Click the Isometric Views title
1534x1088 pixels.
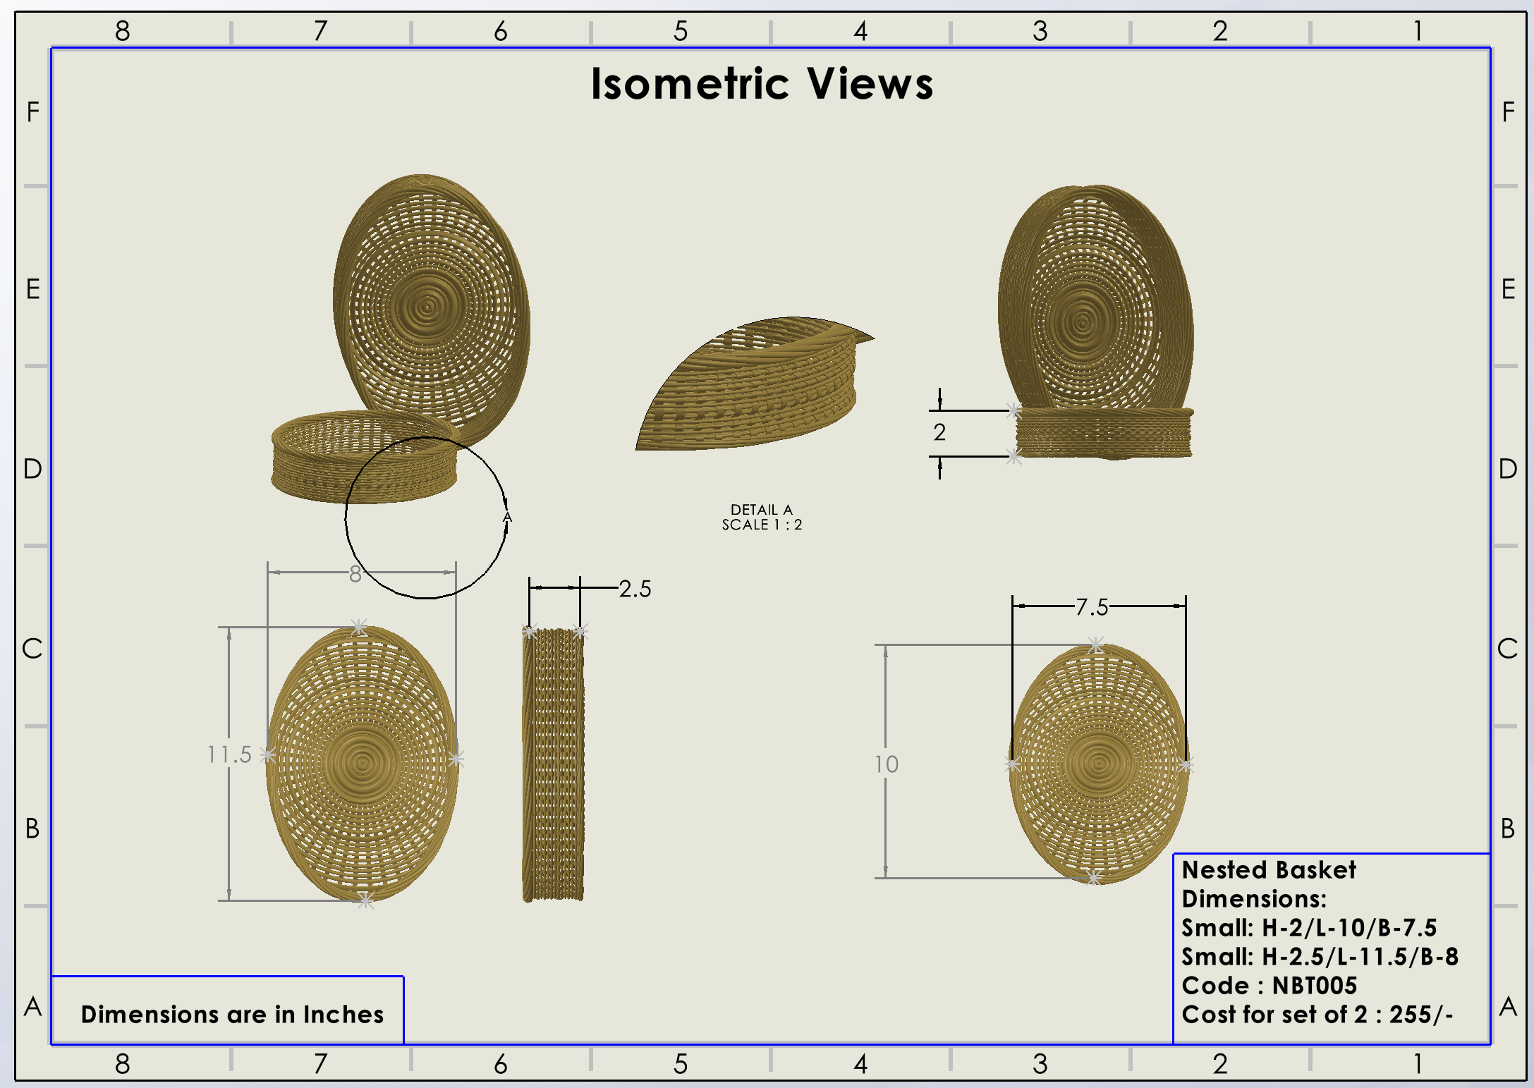pyautogui.click(x=762, y=84)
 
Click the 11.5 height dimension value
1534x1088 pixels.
pyautogui.click(x=229, y=754)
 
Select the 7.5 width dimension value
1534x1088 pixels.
pyautogui.click(x=1092, y=606)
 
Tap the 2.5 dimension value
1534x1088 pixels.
pyautogui.click(x=635, y=589)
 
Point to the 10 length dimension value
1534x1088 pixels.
pyautogui.click(x=887, y=764)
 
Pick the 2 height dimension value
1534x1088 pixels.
pyautogui.click(x=939, y=432)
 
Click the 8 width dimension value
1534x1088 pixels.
pyautogui.click(x=355, y=575)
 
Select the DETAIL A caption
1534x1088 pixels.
pyautogui.click(x=762, y=509)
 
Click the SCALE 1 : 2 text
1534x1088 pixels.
pyautogui.click(x=762, y=525)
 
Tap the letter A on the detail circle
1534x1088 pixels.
pyautogui.click(x=507, y=518)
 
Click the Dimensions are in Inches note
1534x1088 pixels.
pyautogui.click(x=232, y=1014)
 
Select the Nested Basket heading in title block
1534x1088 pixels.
pyautogui.click(x=1269, y=870)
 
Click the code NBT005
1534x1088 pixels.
pyautogui.click(x=1315, y=985)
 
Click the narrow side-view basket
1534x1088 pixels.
pyautogui.click(x=554, y=765)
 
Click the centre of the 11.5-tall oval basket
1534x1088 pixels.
pyautogui.click(x=363, y=763)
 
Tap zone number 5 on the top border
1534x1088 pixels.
pyautogui.click(x=681, y=31)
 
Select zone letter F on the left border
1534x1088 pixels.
pyautogui.click(x=32, y=111)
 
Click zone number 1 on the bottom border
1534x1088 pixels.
pyautogui.click(x=1418, y=1063)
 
